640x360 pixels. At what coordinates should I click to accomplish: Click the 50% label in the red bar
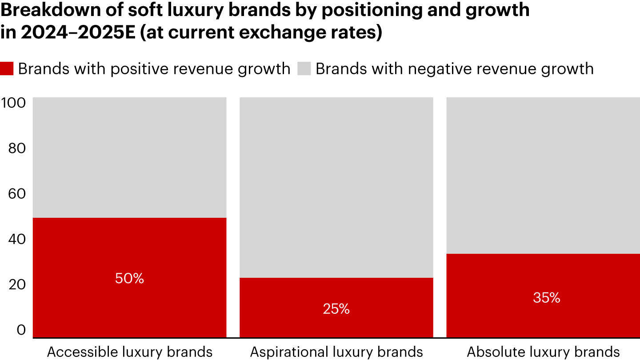coord(129,279)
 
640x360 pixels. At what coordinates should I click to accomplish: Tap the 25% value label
coord(336,309)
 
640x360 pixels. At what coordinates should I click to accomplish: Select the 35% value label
coord(547,298)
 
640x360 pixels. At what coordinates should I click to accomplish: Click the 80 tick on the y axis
coord(17,148)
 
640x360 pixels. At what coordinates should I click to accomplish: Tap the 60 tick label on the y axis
coord(17,194)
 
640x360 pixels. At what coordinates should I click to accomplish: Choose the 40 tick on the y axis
coord(17,239)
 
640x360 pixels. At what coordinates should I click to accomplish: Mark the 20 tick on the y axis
coord(17,285)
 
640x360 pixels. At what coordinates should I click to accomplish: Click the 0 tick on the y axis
coord(21,330)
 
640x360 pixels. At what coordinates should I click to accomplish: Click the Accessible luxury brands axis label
coord(130,352)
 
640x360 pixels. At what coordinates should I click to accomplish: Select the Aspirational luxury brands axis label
coord(336,352)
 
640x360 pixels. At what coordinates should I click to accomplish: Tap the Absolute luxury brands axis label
coord(543,352)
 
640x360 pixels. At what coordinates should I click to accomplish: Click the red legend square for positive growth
coord(7,69)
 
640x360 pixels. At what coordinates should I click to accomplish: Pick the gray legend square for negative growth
coord(304,69)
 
